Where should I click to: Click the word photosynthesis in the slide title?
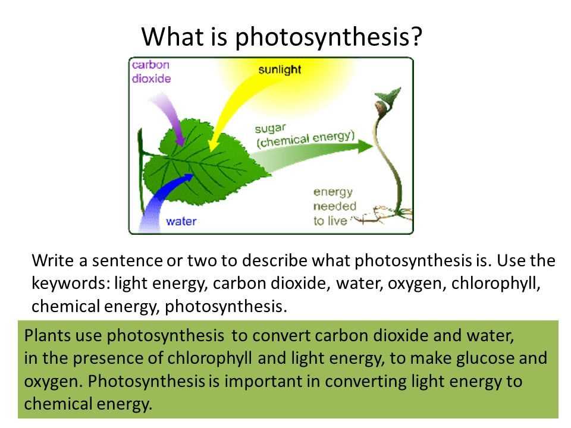322,37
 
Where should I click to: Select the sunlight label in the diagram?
280,70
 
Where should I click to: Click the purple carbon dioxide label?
151,72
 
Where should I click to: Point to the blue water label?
181,221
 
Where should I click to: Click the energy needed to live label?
334,206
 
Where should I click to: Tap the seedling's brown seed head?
382,108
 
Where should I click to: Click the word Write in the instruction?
53,260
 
